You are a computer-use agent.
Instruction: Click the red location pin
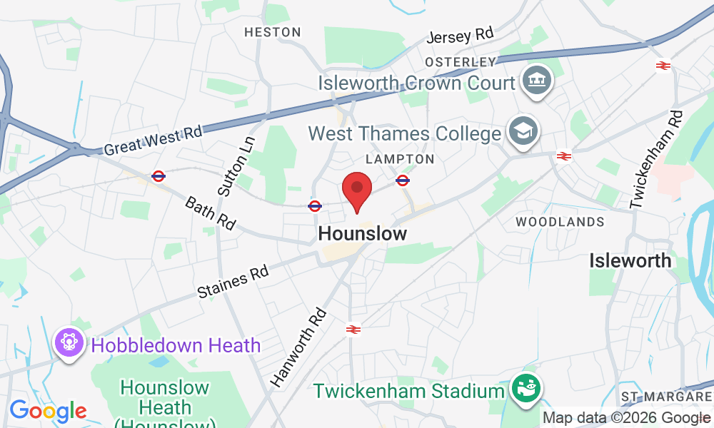coord(357,190)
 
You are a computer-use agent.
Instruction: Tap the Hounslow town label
coord(363,233)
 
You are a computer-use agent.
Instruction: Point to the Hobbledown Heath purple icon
coord(69,345)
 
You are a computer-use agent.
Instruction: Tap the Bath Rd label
coord(210,213)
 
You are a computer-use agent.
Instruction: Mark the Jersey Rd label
coord(461,35)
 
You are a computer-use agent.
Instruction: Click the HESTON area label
coord(273,32)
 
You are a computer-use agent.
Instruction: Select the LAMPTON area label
coord(400,158)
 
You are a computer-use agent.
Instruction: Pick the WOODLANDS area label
coord(560,222)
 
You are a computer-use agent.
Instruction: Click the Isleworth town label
coord(630,260)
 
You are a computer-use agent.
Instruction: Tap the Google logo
coord(48,412)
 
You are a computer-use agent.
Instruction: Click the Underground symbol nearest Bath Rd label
coord(159,175)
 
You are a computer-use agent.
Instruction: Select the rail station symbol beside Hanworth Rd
coord(353,329)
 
